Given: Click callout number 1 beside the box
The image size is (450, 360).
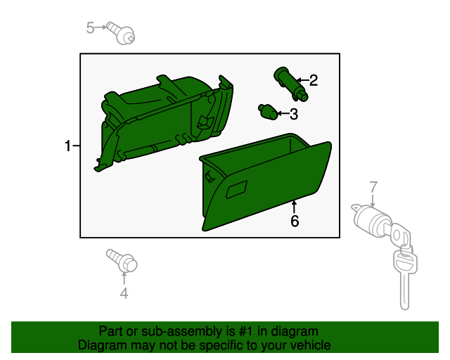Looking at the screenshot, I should point(67,146).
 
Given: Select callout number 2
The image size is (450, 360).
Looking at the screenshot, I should point(314,80).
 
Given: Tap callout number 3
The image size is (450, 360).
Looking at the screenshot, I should point(293,113).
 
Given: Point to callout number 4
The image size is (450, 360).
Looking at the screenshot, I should point(124,293).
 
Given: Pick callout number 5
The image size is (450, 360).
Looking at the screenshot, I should point(91,27).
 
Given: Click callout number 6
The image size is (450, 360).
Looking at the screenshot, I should point(295,221).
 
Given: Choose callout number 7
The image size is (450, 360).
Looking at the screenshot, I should point(373,186).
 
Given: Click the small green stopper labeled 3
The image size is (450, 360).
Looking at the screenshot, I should point(268,111).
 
